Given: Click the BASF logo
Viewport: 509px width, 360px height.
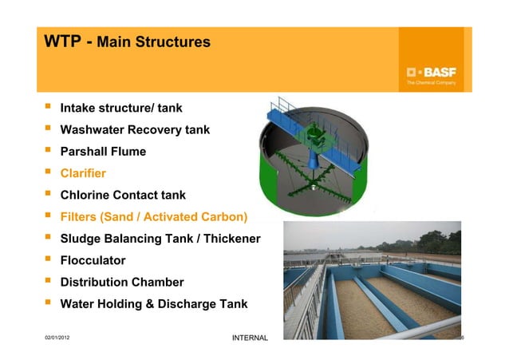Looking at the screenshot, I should point(430,69).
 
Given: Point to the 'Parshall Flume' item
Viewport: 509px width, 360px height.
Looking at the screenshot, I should point(103,151).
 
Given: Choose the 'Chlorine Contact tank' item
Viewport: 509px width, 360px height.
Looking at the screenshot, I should point(128,195).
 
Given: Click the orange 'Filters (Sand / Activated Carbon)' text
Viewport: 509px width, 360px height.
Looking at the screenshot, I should point(154,216).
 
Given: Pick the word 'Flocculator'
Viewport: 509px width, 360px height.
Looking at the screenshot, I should point(93,260).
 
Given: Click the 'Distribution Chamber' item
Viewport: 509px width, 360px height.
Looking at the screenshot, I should point(122,282).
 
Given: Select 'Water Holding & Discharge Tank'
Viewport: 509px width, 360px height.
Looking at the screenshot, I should point(154,304).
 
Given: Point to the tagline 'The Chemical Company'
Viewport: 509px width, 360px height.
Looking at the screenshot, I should point(431,82).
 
